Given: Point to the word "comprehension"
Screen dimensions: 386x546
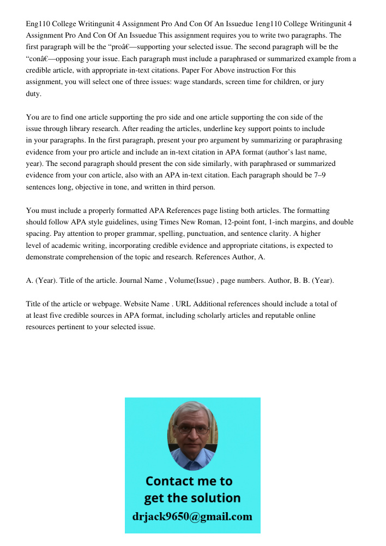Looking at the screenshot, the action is click(93, 257).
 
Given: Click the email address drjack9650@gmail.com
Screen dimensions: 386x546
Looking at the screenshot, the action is click(192, 517).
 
